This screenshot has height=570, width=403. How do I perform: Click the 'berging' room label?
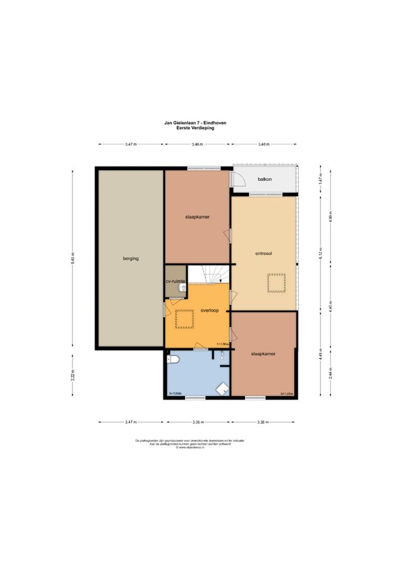130,258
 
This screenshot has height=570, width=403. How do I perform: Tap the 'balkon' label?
265,179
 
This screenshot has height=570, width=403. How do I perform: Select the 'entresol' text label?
263,254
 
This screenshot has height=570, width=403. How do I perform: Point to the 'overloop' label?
210,311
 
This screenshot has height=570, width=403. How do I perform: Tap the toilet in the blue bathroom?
174,360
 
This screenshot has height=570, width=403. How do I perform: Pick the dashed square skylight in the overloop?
184,319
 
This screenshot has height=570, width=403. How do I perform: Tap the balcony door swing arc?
238,180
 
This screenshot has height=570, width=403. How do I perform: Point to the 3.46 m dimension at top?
196,144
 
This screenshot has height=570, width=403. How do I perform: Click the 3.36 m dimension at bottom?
196,421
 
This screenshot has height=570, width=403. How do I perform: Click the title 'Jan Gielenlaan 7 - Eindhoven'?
196,123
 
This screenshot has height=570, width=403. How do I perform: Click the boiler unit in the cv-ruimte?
182,288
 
